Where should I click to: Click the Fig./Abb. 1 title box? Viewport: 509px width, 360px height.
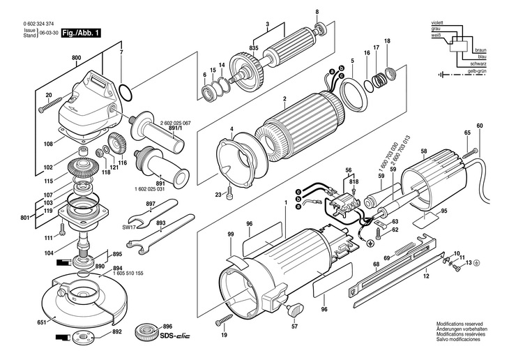click(81, 33)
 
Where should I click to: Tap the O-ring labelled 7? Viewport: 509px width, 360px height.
click(126, 93)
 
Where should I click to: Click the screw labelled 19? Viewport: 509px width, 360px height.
click(224, 319)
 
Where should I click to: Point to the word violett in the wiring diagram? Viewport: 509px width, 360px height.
click(437, 23)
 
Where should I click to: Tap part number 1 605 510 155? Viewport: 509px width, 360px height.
click(128, 273)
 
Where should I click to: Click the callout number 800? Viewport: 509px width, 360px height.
click(76, 58)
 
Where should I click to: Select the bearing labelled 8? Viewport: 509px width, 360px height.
click(321, 29)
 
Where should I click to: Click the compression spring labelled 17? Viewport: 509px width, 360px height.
click(377, 80)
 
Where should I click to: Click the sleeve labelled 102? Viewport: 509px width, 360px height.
click(84, 151)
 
